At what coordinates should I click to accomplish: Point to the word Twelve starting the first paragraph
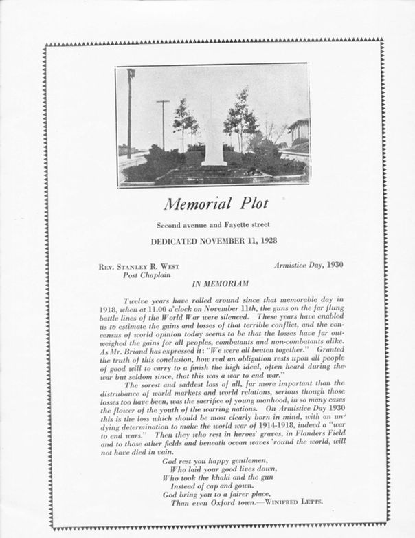tap(136, 301)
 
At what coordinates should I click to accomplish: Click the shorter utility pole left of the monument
tap(163, 124)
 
